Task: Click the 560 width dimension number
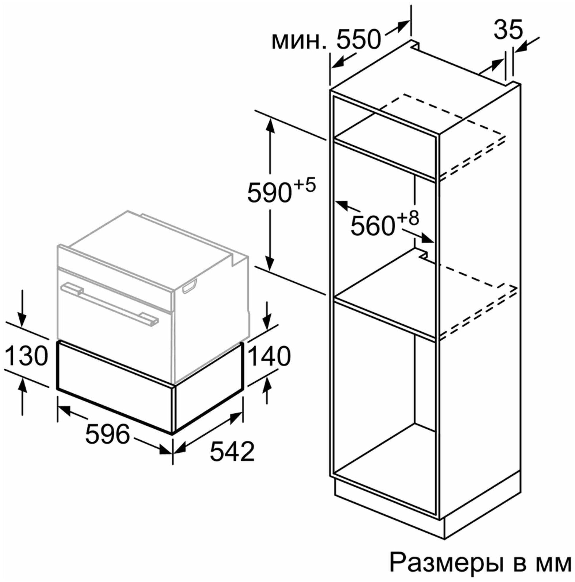pos(372,226)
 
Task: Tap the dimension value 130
pos(26,356)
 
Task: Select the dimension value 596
pos(108,434)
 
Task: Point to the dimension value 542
pos(232,451)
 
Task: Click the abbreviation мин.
pos(299,41)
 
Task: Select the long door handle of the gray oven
pos(110,304)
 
